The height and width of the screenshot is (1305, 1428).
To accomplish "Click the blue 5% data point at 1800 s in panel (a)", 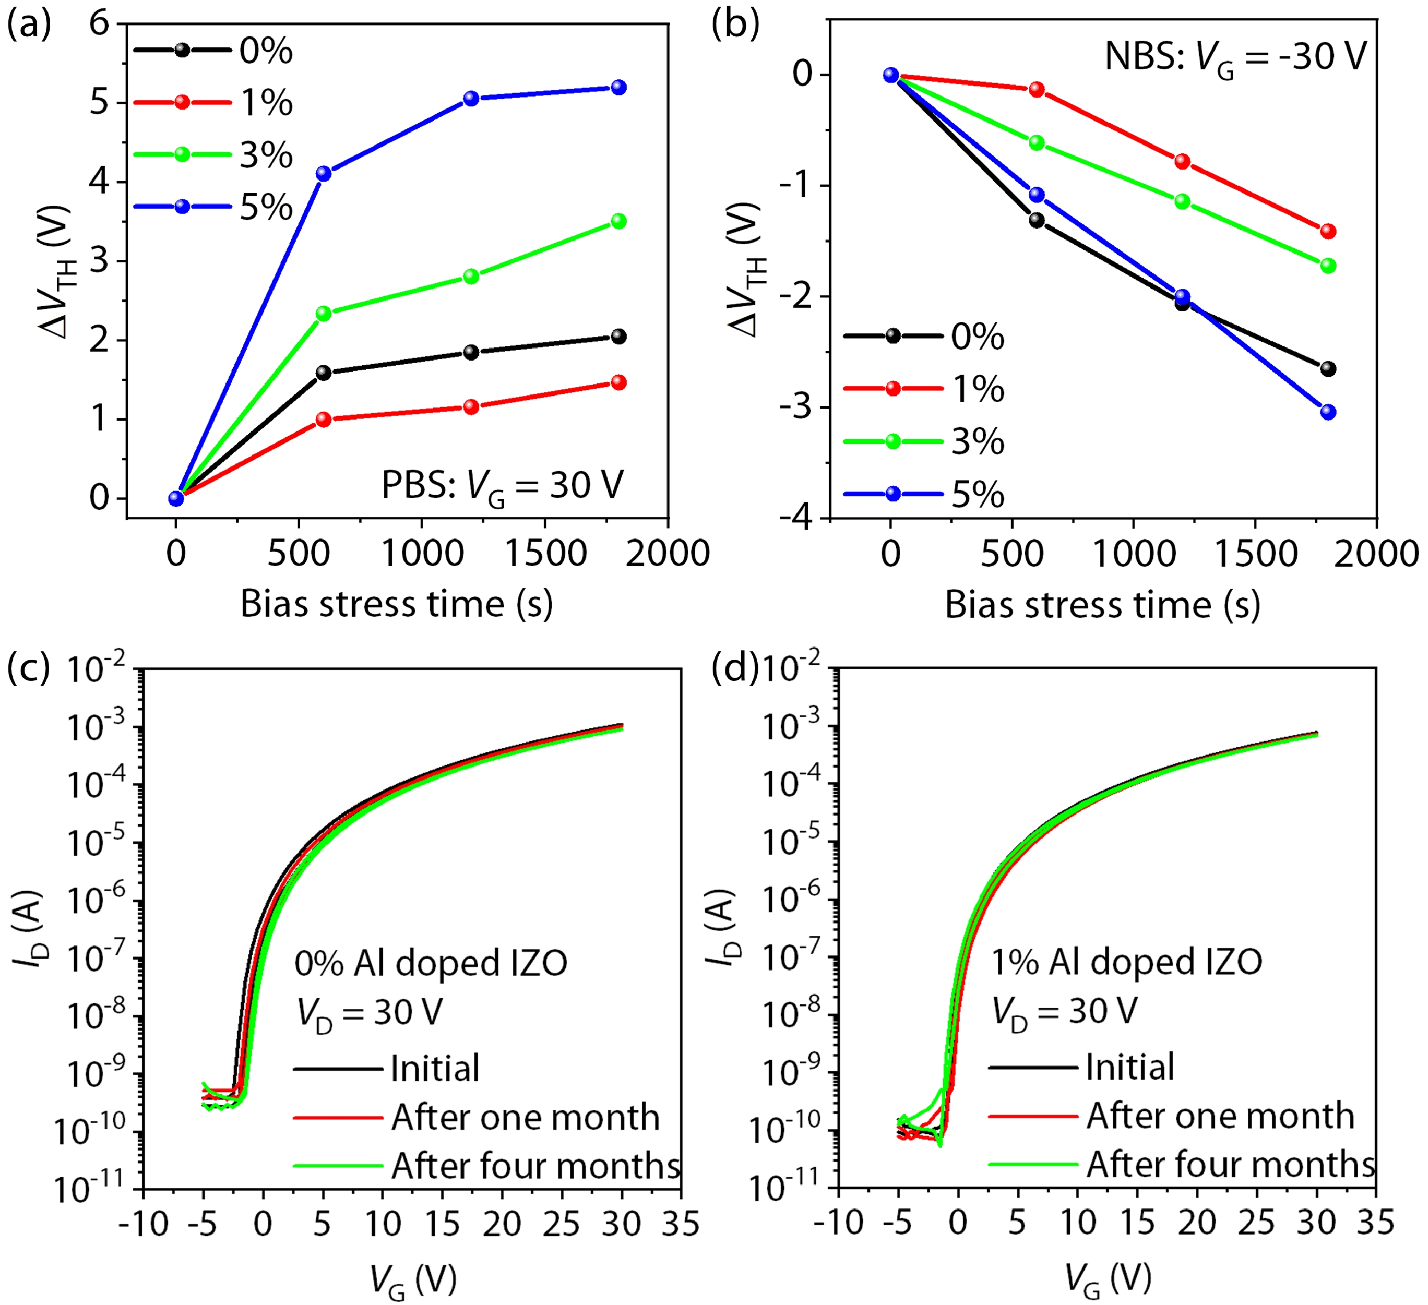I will [618, 87].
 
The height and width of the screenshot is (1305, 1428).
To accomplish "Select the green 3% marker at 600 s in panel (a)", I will [324, 313].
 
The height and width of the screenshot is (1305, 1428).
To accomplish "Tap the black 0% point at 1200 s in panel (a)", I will [471, 352].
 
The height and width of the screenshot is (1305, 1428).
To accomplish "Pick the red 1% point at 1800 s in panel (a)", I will [618, 383].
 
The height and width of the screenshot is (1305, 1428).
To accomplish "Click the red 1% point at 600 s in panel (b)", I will [1036, 89].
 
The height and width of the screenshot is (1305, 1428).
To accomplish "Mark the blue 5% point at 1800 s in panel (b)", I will [1328, 412].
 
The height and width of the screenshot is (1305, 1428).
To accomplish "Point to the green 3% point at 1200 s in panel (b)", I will [1182, 202].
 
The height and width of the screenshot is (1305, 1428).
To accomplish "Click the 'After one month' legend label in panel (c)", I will [525, 1118].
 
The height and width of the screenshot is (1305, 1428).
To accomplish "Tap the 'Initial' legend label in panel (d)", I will [1130, 1066].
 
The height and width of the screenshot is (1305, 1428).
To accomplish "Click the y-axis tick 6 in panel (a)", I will [100, 23].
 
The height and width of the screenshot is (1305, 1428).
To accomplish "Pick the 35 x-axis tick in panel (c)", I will [681, 1224].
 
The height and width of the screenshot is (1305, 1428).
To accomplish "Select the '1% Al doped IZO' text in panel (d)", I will [1126, 962].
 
